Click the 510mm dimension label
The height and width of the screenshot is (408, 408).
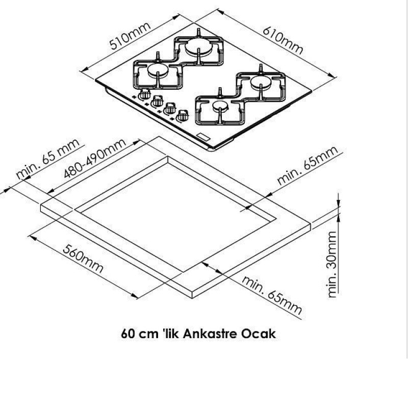pyautogui.click(x=130, y=36)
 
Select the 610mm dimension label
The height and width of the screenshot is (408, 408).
pyautogui.click(x=283, y=41)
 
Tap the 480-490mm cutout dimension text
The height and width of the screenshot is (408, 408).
pyautogui.click(x=95, y=158)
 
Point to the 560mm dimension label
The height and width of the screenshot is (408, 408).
pyautogui.click(x=83, y=259)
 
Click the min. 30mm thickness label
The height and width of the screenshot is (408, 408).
pyautogui.click(x=333, y=264)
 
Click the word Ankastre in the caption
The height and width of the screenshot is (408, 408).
pyautogui.click(x=210, y=334)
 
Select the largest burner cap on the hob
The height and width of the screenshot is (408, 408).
pyautogui.click(x=199, y=46)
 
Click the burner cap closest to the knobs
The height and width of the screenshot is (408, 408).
pyautogui.click(x=220, y=106)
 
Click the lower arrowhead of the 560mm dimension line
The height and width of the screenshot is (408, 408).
pyautogui.click(x=134, y=296)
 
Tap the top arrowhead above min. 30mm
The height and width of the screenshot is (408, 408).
pyautogui.click(x=338, y=203)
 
